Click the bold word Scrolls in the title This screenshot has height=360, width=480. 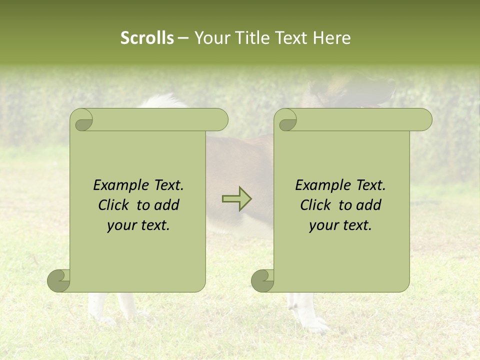pyautogui.click(x=147, y=38)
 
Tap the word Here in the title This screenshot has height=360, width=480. pyautogui.click(x=331, y=38)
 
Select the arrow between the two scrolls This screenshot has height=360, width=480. pyautogui.click(x=236, y=199)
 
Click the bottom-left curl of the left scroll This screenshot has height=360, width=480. pyautogui.click(x=58, y=280)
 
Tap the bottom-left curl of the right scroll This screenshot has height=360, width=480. pyautogui.click(x=262, y=280)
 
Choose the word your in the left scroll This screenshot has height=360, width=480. pyautogui.click(x=122, y=225)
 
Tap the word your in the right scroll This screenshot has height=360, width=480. pyautogui.click(x=324, y=225)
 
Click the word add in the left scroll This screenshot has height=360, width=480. pyautogui.click(x=167, y=205)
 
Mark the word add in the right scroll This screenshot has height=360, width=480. pyautogui.click(x=369, y=205)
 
